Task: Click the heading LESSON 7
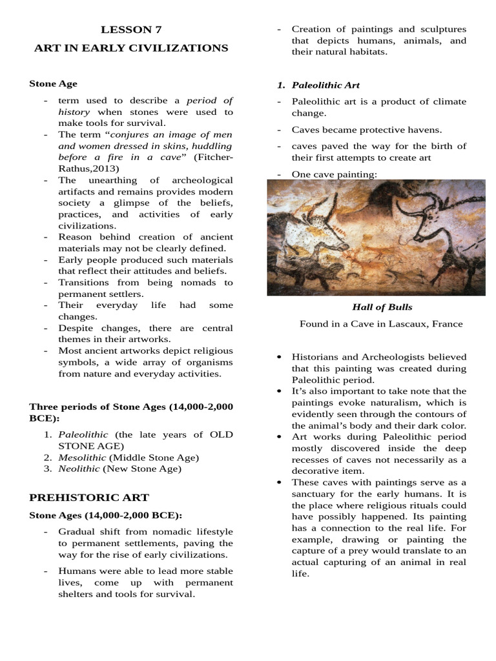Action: click(131, 30)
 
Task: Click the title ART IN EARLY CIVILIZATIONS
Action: click(131, 48)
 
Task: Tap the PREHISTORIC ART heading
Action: click(89, 497)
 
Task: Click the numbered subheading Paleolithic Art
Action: click(325, 85)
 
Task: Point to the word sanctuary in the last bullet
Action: click(316, 494)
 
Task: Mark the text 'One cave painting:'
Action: click(334, 174)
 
